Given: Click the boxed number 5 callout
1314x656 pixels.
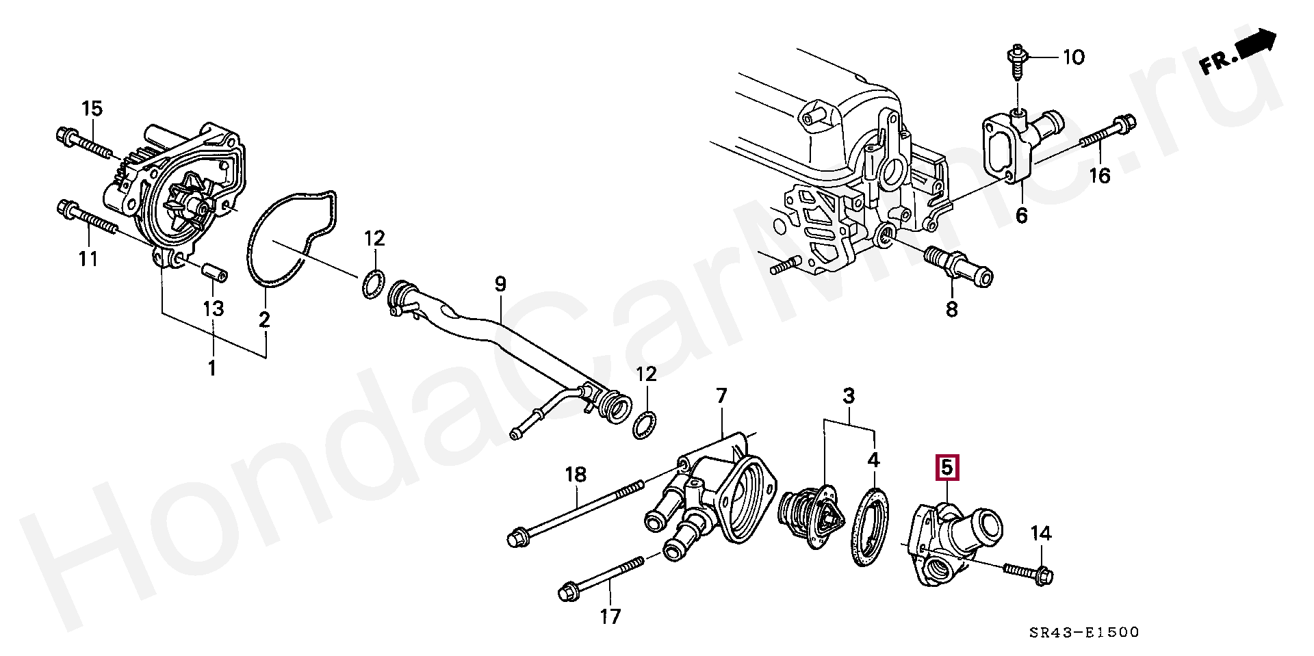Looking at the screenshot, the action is (x=947, y=468).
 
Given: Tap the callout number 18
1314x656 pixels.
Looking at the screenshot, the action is (x=576, y=474).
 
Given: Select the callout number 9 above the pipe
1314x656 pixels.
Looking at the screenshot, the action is (x=500, y=283).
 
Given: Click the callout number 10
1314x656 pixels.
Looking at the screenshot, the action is (x=1073, y=57).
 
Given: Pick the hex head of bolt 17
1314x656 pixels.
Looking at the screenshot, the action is (x=569, y=591).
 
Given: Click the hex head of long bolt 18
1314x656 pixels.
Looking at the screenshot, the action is (x=517, y=538).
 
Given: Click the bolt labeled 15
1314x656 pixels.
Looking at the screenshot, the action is (x=83, y=141).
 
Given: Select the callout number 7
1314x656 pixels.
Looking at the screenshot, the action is (x=721, y=395).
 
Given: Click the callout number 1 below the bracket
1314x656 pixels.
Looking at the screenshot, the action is (x=212, y=368).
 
